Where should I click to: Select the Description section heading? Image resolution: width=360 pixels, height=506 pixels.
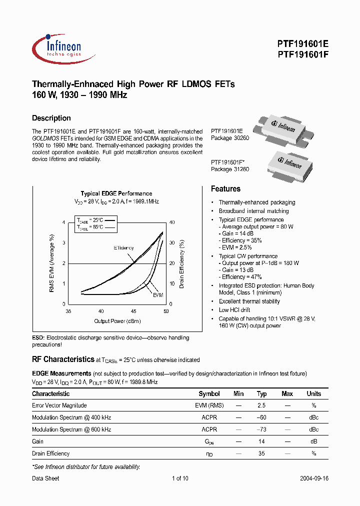coord(51,118)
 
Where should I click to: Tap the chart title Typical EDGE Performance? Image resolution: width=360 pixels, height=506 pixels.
coord(116,193)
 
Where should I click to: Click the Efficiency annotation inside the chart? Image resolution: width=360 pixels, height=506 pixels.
coord(123,248)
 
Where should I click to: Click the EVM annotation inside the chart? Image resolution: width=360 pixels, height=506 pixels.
coord(158,295)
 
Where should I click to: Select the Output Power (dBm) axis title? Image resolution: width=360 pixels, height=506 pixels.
coord(117,321)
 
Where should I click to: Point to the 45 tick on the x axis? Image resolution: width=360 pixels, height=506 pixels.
coord(133,311)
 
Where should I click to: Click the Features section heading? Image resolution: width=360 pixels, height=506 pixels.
coord(225,189)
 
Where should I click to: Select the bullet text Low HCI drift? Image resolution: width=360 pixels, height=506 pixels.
coord(234,310)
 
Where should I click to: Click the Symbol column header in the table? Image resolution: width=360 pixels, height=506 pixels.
coord(209,394)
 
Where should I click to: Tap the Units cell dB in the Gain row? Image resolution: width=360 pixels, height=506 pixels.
coord(313,441)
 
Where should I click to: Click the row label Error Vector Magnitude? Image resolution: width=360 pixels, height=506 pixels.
coord(59,405)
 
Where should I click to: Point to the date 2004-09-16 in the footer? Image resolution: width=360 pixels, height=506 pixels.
coord(314,478)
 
